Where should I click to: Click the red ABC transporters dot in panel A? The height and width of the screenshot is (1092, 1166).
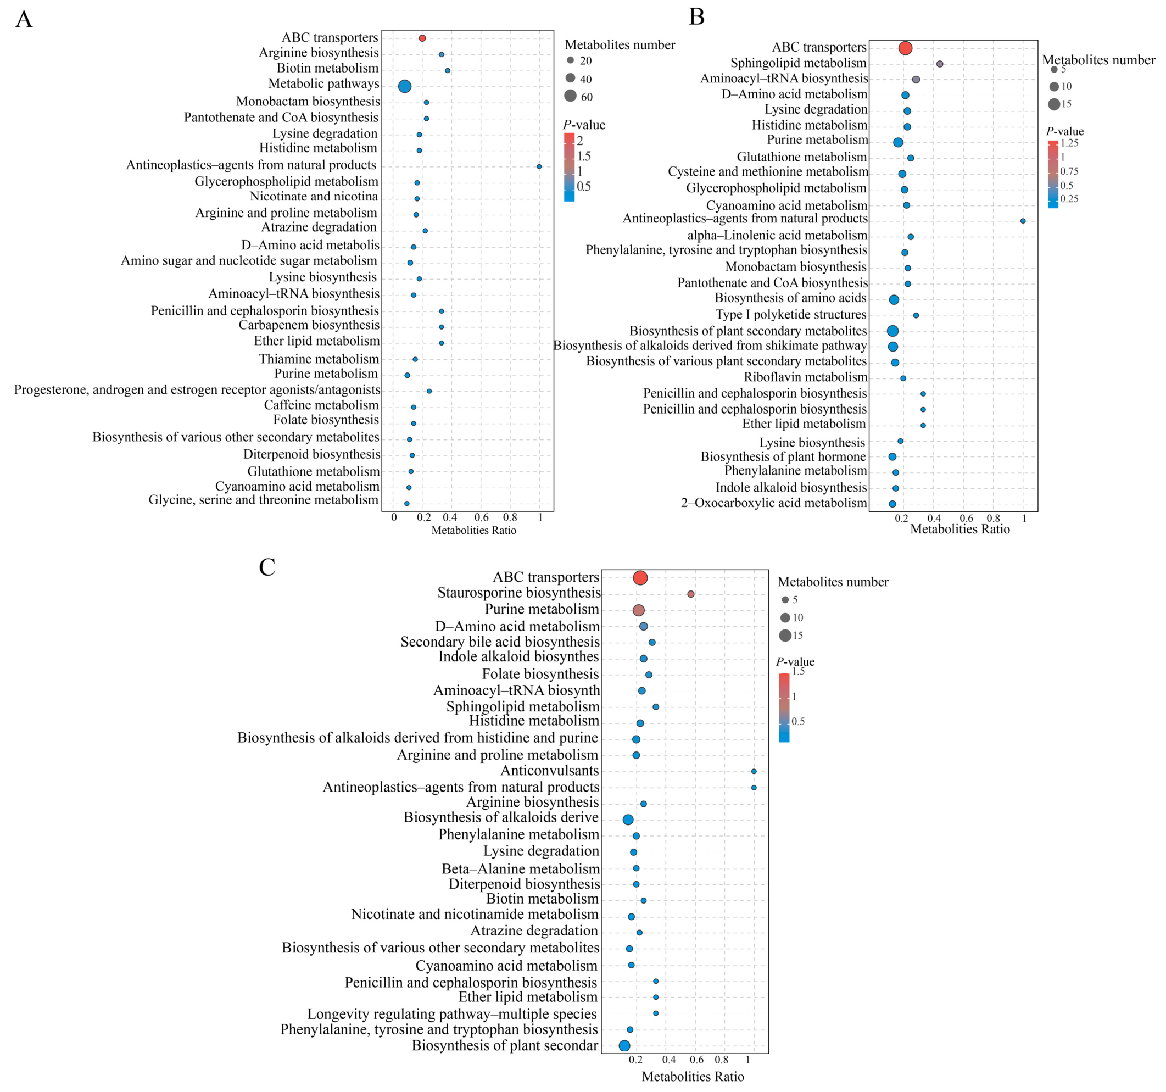pos(422,38)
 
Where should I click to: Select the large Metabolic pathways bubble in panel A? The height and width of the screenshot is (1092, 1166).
pos(404,86)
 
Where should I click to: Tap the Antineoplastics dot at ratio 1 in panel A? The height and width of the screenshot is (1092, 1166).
pos(539,166)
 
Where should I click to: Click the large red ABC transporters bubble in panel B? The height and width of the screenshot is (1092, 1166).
pos(905,48)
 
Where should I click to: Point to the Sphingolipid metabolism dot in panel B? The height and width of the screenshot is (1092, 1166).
pos(940,64)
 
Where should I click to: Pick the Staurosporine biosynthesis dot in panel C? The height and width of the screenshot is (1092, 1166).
pos(691,594)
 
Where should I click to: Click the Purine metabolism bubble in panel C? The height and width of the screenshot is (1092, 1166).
pos(639,610)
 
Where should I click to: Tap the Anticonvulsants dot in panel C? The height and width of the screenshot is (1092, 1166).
pos(754,771)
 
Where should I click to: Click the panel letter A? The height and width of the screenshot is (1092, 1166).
pos(24,19)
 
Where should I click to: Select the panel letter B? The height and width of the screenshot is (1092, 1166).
pos(696,17)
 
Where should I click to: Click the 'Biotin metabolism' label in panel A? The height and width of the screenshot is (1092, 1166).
pos(327,68)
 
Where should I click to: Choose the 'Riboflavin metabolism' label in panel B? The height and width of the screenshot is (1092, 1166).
pos(805,377)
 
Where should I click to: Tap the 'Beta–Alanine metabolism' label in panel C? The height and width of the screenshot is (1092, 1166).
pos(520,868)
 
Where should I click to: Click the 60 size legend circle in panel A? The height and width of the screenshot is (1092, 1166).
pos(570,96)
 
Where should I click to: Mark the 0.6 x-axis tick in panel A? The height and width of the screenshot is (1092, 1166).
pos(481,517)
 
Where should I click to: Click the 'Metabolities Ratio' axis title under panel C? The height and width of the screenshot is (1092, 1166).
pos(692,1076)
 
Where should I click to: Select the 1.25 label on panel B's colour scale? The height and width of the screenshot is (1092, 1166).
pos(1069,142)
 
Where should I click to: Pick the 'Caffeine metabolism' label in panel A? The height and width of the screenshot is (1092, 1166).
pos(321,405)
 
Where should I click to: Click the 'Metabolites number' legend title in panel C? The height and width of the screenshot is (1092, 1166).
pos(832,582)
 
